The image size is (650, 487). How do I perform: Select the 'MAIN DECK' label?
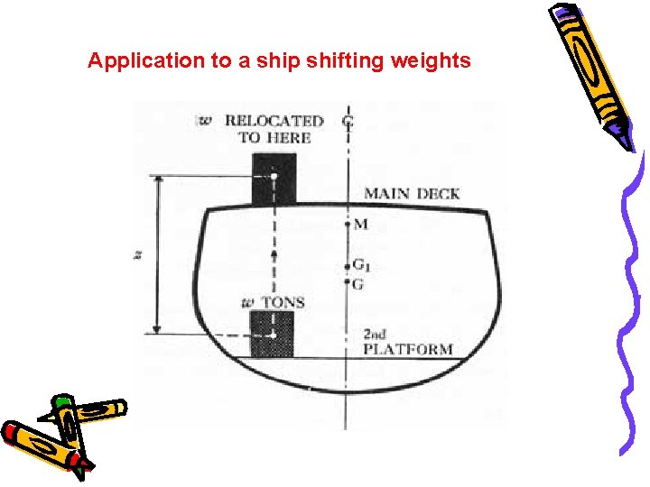click(412, 193)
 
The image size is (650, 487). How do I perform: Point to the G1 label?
click(361, 266)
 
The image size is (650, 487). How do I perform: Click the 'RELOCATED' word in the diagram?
click(274, 121)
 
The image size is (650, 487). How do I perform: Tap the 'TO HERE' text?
click(274, 137)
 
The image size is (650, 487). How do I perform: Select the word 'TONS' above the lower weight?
click(283, 302)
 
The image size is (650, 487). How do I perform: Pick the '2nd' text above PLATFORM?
click(375, 333)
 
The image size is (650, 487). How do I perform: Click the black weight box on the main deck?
click(274, 179)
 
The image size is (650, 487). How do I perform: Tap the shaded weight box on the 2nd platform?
click(272, 334)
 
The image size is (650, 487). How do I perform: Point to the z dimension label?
click(138, 255)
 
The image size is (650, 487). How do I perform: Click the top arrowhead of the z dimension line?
click(159, 179)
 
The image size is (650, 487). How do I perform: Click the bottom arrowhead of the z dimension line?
click(159, 331)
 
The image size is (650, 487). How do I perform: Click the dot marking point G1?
click(348, 266)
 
